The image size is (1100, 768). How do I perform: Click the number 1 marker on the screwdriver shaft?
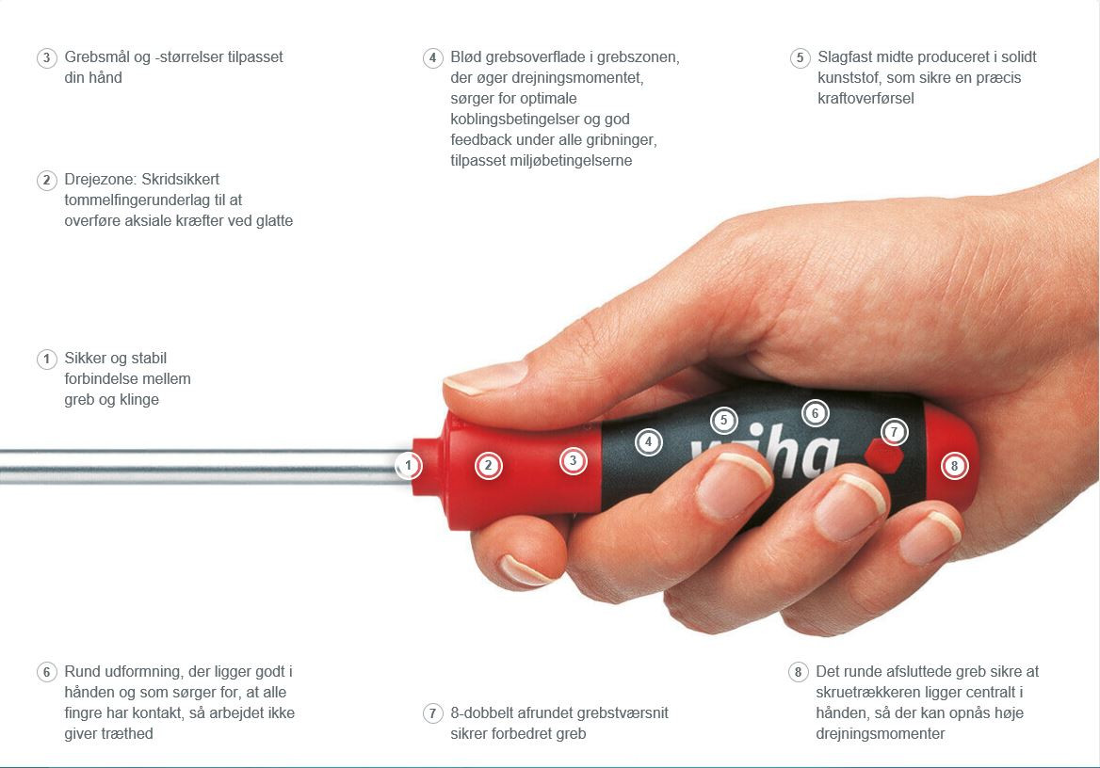409,465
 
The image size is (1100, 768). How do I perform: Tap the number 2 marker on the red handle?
488,465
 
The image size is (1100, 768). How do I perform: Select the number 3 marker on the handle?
574,461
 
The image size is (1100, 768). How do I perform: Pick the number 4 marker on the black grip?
648,441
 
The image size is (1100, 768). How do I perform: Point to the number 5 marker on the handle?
724,421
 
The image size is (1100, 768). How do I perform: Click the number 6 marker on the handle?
816,413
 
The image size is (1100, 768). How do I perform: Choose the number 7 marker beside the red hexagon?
894,432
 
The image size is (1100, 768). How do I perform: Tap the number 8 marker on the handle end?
954,466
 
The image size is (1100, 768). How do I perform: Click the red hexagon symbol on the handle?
883,456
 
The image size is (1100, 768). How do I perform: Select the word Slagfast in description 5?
846,57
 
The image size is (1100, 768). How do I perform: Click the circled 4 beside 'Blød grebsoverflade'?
433,57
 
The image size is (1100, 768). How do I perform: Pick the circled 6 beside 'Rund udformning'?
46,672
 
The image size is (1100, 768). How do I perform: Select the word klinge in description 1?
139,400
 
